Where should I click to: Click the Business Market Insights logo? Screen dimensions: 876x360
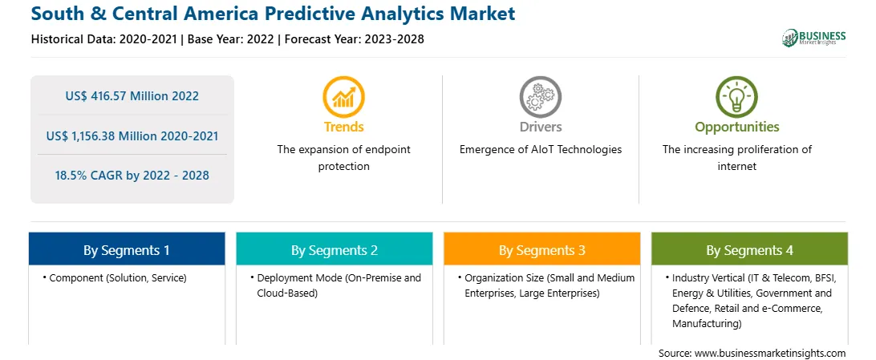tap(813, 38)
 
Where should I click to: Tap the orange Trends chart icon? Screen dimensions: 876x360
tap(343, 97)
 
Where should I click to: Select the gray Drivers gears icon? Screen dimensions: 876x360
tap(540, 97)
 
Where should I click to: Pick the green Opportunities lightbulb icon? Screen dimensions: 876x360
tap(737, 97)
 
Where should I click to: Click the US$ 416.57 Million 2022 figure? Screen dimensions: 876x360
tap(132, 96)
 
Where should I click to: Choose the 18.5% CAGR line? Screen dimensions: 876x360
tap(132, 176)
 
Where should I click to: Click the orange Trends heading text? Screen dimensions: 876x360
tap(343, 127)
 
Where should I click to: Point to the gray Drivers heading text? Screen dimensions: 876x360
tap(540, 127)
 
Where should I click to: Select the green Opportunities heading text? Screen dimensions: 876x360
tap(737, 127)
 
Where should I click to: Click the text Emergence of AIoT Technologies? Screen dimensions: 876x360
tap(540, 150)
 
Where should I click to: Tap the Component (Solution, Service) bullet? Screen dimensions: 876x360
tap(115, 277)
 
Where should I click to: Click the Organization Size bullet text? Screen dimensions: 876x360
tap(546, 285)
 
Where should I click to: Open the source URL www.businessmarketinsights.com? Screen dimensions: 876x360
tap(770, 353)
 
